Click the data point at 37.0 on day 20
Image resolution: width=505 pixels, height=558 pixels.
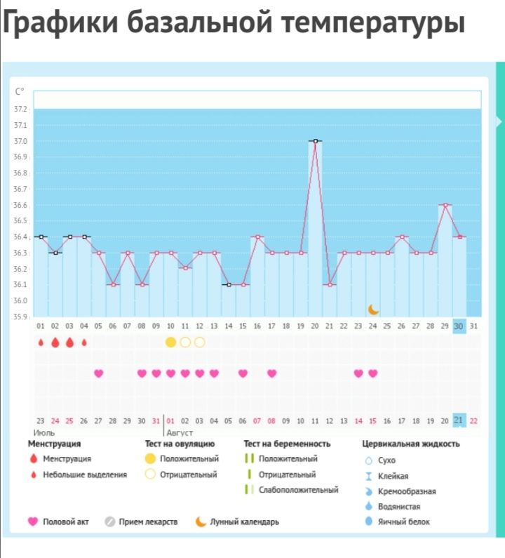tap(315, 141)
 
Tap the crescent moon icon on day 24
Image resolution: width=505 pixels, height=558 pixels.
tap(374, 309)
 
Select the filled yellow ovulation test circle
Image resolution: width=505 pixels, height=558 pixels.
tap(170, 342)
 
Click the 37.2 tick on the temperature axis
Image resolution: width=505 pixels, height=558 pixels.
tap(20, 109)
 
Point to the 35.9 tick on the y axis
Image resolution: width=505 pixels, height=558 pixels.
tap(20, 317)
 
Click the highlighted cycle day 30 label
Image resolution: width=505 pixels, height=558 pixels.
tap(459, 326)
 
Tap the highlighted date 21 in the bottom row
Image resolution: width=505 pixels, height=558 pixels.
tap(459, 420)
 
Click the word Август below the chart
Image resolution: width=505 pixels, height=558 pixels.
tap(179, 433)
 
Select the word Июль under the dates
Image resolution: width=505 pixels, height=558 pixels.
tap(40, 433)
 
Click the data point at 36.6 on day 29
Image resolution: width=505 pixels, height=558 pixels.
tap(445, 205)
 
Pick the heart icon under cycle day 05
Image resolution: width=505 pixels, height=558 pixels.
tap(98, 373)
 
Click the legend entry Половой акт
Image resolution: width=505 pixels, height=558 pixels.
tap(65, 522)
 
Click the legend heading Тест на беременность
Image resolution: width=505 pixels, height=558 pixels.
tap(287, 444)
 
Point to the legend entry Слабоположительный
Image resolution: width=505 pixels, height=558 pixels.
tap(298, 489)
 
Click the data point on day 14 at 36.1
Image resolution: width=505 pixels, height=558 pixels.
tap(229, 284)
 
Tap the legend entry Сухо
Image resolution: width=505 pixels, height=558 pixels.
tap(386, 460)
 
